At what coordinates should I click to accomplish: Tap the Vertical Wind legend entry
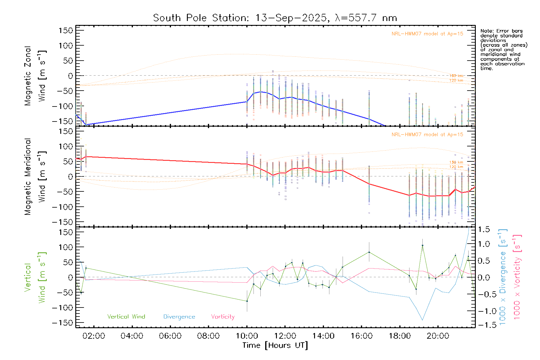coord(126,317)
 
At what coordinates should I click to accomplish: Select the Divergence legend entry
coord(179,317)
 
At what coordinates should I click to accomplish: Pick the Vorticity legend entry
coord(223,317)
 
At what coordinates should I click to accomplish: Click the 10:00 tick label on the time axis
coord(247,336)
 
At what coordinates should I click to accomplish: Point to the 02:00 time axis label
coord(94,336)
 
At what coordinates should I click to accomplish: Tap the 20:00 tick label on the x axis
coord(438,336)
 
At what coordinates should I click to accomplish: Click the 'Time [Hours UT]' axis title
coord(275,345)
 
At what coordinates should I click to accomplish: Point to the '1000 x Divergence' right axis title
coord(502,277)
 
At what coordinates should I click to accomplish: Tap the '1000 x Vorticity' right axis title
coord(517,277)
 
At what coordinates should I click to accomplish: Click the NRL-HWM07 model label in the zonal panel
coord(427,34)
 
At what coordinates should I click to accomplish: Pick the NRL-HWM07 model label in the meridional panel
coord(427,135)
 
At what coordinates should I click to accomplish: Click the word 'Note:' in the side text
coord(487,31)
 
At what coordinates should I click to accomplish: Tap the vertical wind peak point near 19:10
coord(422,245)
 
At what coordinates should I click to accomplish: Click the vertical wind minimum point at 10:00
coord(247,301)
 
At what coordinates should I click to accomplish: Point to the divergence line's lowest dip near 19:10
coord(422,320)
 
